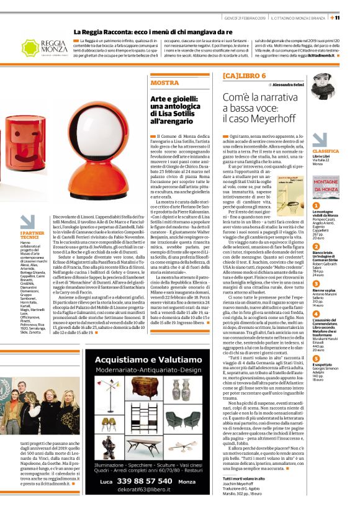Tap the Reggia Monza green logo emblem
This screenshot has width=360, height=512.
(30, 47)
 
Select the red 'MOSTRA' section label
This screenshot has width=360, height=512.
(164, 83)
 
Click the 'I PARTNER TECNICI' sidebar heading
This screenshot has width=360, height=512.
(30, 236)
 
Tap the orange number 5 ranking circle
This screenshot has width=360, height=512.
(316, 341)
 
